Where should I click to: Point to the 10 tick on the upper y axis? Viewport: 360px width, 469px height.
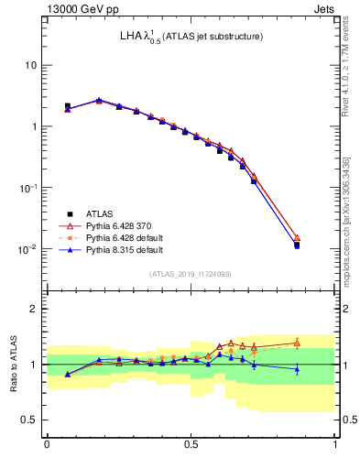[31, 65]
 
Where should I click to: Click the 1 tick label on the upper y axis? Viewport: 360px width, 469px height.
[34, 126]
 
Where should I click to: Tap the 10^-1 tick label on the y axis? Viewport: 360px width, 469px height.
[29, 187]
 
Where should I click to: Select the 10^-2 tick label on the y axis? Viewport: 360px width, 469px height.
[29, 248]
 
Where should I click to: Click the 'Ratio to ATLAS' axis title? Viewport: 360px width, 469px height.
[14, 365]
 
